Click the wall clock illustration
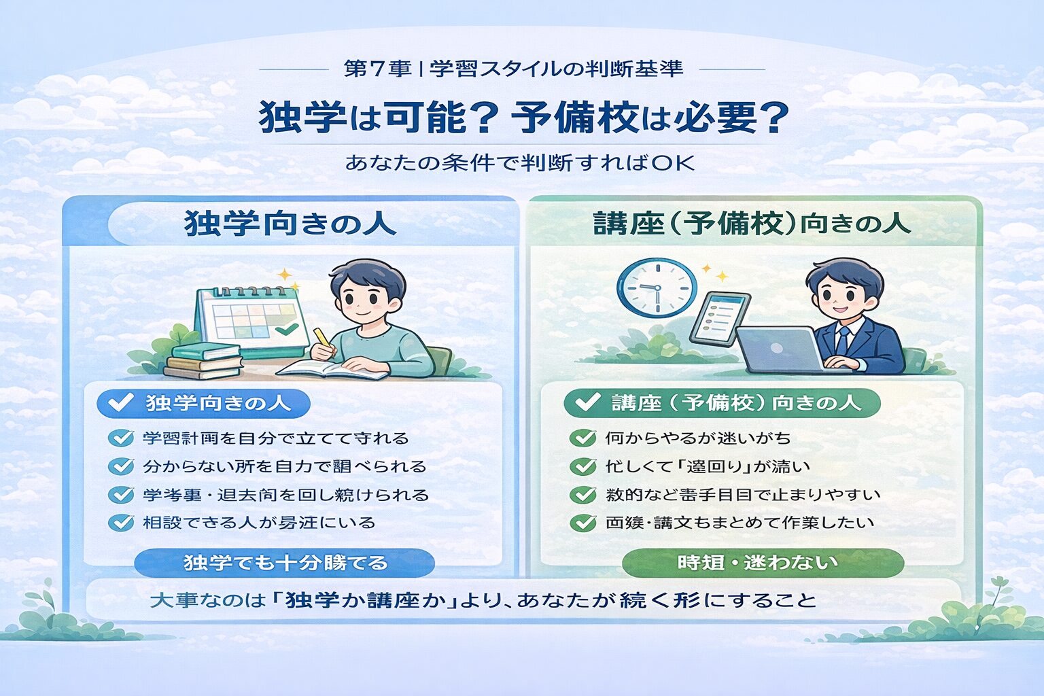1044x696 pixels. pyautogui.click(x=657, y=287)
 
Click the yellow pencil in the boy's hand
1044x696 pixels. pyautogui.click(x=321, y=338)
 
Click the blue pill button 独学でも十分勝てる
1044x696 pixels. pyautogui.click(x=284, y=563)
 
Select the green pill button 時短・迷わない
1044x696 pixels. pyautogui.click(x=763, y=563)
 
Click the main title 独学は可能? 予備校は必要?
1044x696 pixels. pyautogui.click(x=523, y=118)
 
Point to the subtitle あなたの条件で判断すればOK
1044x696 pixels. pyautogui.click(x=520, y=163)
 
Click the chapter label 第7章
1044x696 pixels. pyautogui.click(x=377, y=69)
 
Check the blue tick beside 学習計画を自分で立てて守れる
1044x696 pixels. pyautogui.click(x=121, y=438)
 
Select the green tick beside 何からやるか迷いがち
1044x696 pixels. pyautogui.click(x=582, y=438)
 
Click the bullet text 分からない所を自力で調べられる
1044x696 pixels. pyautogui.click(x=284, y=466)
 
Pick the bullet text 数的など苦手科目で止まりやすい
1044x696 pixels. pyautogui.click(x=743, y=494)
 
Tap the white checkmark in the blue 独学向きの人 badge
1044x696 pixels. pyautogui.click(x=120, y=403)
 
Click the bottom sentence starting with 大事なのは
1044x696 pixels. pyautogui.click(x=483, y=600)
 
